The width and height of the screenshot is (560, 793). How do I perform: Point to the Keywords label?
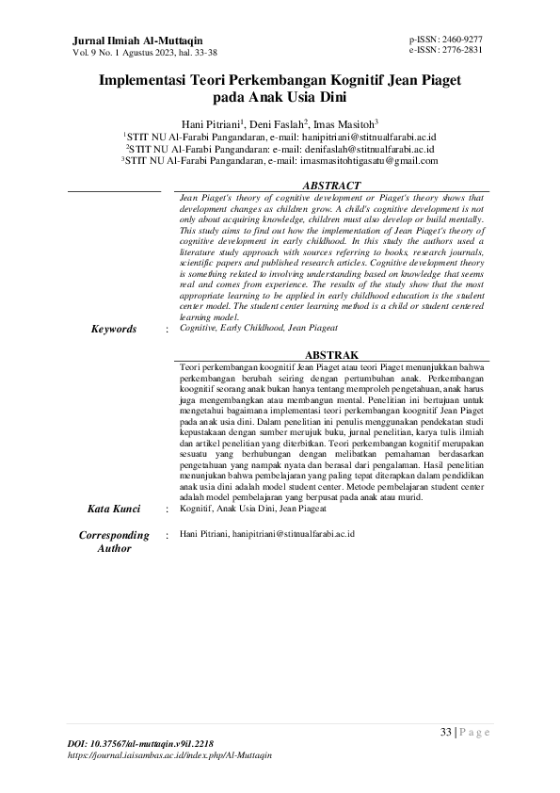pos(113,329)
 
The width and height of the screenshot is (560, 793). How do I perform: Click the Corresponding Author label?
pos(114,542)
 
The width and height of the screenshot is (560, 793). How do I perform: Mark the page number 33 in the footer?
pos(446,732)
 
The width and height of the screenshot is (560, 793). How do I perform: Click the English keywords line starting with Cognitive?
pos(258,327)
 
